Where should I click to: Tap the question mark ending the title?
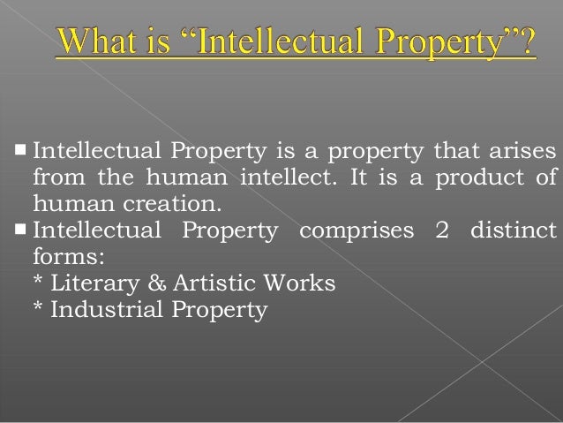click(x=525, y=42)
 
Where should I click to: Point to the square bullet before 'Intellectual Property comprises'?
click(x=19, y=230)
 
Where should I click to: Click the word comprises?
click(x=356, y=230)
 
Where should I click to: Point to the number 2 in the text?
click(x=441, y=230)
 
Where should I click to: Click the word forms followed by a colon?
click(x=64, y=258)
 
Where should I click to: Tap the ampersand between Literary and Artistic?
click(x=142, y=284)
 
